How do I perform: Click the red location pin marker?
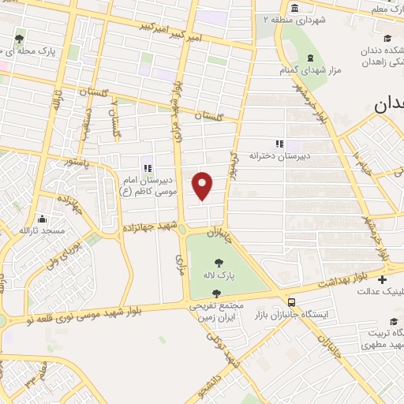click(x=204, y=185)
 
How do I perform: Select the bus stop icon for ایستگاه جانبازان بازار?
click(x=293, y=302)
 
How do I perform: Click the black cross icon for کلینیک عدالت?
click(x=383, y=280)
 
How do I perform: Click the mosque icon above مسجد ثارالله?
click(x=43, y=219)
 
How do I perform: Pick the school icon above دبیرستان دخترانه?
click(x=278, y=144)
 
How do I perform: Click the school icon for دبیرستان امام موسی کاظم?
click(x=147, y=167)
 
